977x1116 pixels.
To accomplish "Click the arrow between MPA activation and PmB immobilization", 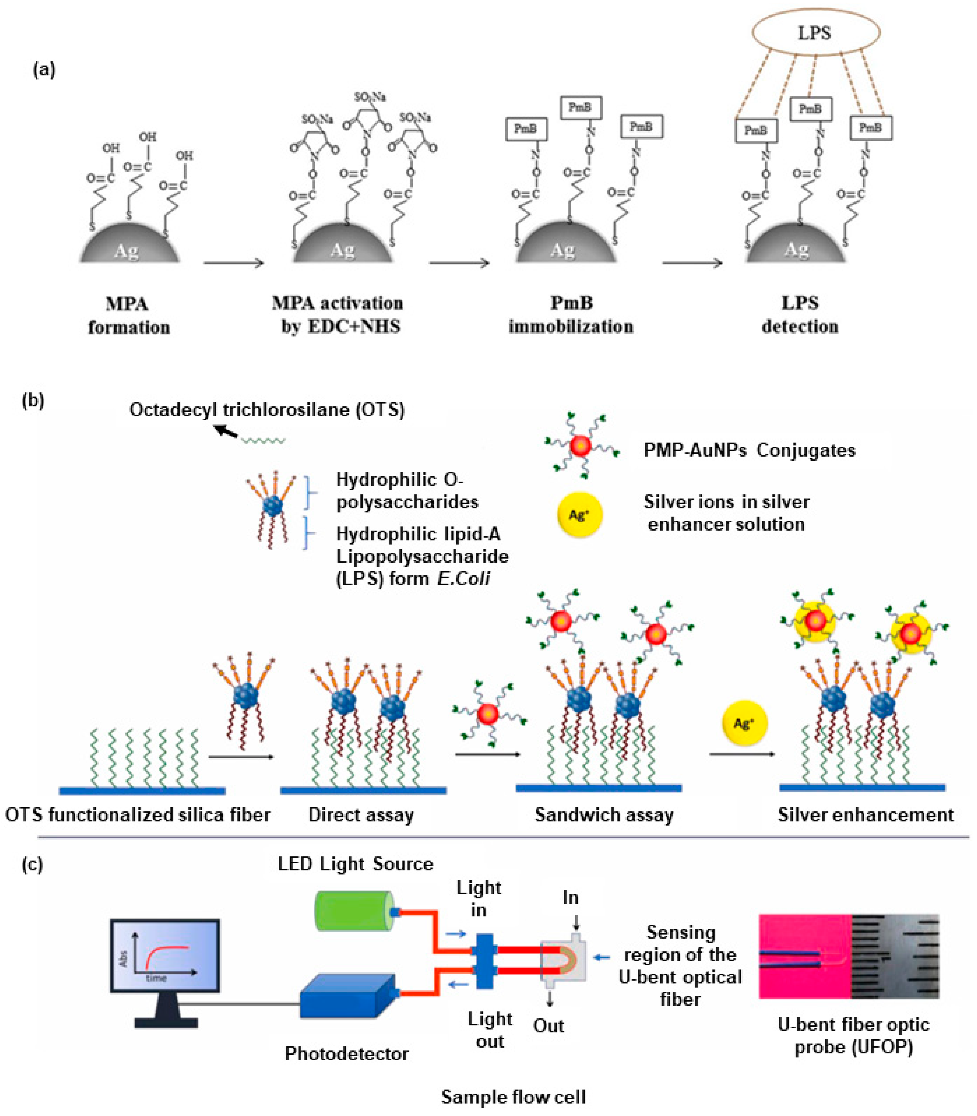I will coord(459,263).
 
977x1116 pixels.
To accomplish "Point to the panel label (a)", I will coord(44,70).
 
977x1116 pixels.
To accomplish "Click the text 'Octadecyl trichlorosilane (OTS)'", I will coord(267,409).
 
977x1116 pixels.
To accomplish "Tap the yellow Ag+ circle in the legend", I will coord(579,515).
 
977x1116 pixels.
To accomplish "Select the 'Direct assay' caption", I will coord(361,815).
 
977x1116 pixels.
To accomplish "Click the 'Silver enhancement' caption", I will coord(865,815).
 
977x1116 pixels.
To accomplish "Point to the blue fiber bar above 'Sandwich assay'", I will coord(599,788).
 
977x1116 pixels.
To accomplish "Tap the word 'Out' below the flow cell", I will coord(548,1025).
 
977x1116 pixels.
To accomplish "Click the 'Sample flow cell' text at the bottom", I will coord(513,1096).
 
